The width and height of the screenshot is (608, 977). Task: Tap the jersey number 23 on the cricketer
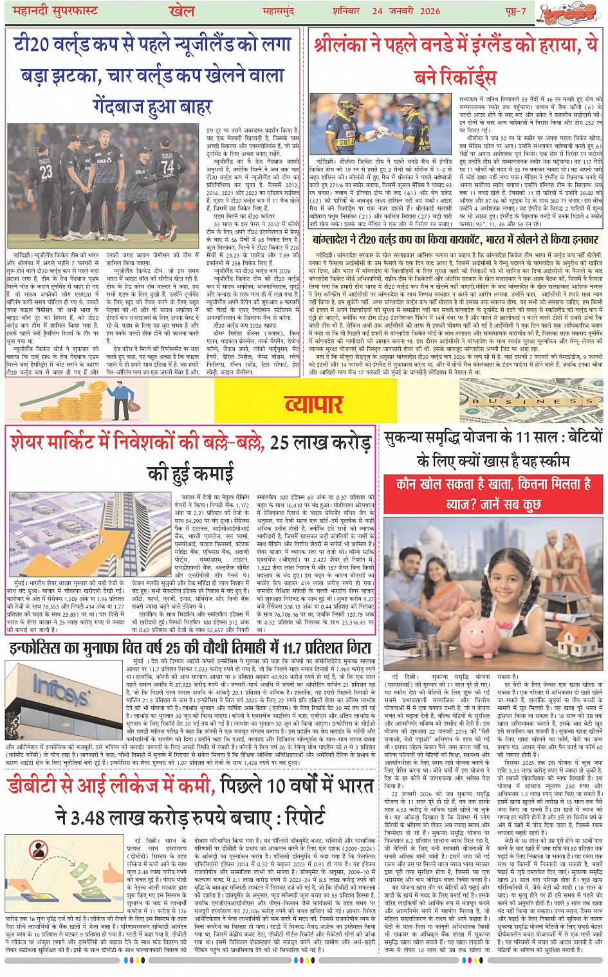46,172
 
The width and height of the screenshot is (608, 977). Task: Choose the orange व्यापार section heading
313,403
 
